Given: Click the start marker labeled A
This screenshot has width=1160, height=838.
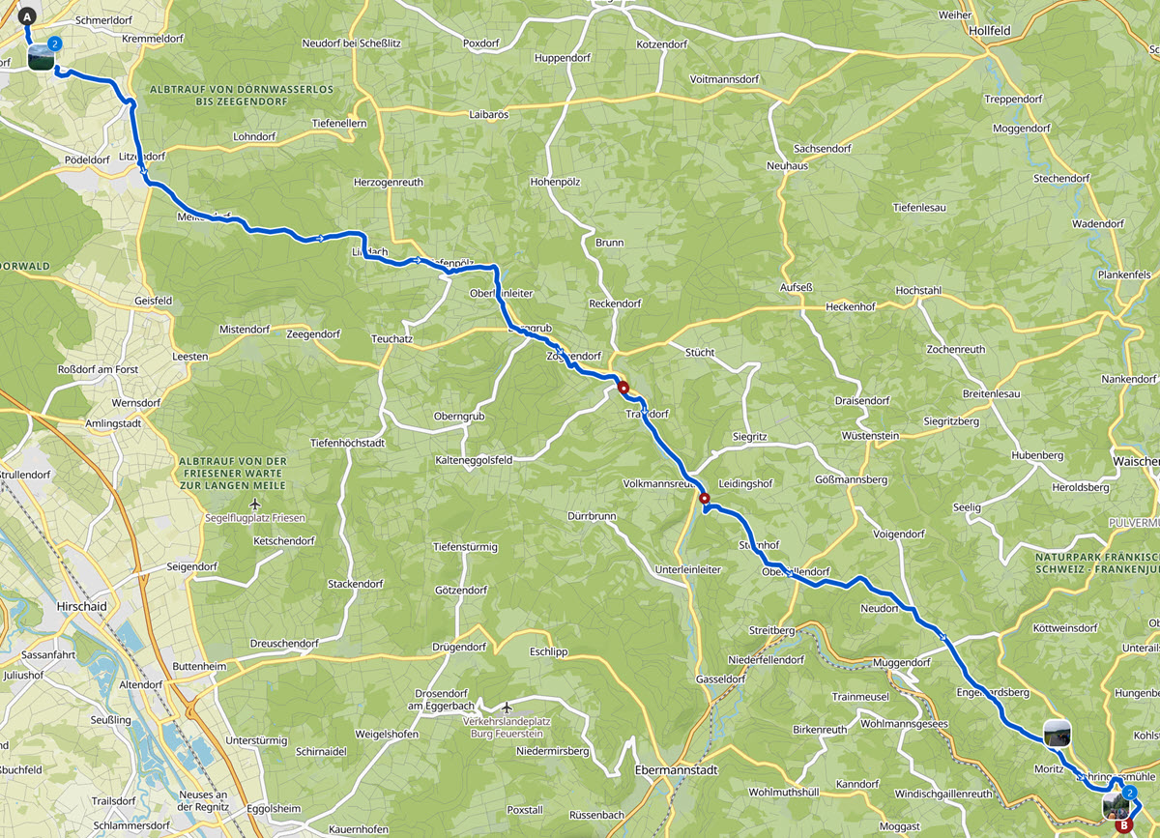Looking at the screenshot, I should pyautogui.click(x=27, y=16).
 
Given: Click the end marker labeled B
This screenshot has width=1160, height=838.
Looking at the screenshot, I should pyautogui.click(x=1122, y=826).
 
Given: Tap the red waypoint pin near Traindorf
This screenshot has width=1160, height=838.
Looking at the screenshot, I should pyautogui.click(x=623, y=389).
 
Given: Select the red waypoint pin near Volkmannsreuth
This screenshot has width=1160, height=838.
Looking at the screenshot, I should pyautogui.click(x=704, y=499).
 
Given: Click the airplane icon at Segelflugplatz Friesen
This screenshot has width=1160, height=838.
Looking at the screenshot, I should pyautogui.click(x=254, y=505).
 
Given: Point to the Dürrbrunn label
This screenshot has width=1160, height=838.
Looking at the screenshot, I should pyautogui.click(x=592, y=516).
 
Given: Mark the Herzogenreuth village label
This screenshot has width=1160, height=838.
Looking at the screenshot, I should pyautogui.click(x=389, y=182).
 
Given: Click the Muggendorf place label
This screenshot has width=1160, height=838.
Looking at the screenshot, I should pyautogui.click(x=901, y=663).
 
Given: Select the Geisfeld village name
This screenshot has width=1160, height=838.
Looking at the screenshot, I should pyautogui.click(x=154, y=301).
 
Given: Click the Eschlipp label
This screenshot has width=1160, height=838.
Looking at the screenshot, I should pyautogui.click(x=547, y=651).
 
